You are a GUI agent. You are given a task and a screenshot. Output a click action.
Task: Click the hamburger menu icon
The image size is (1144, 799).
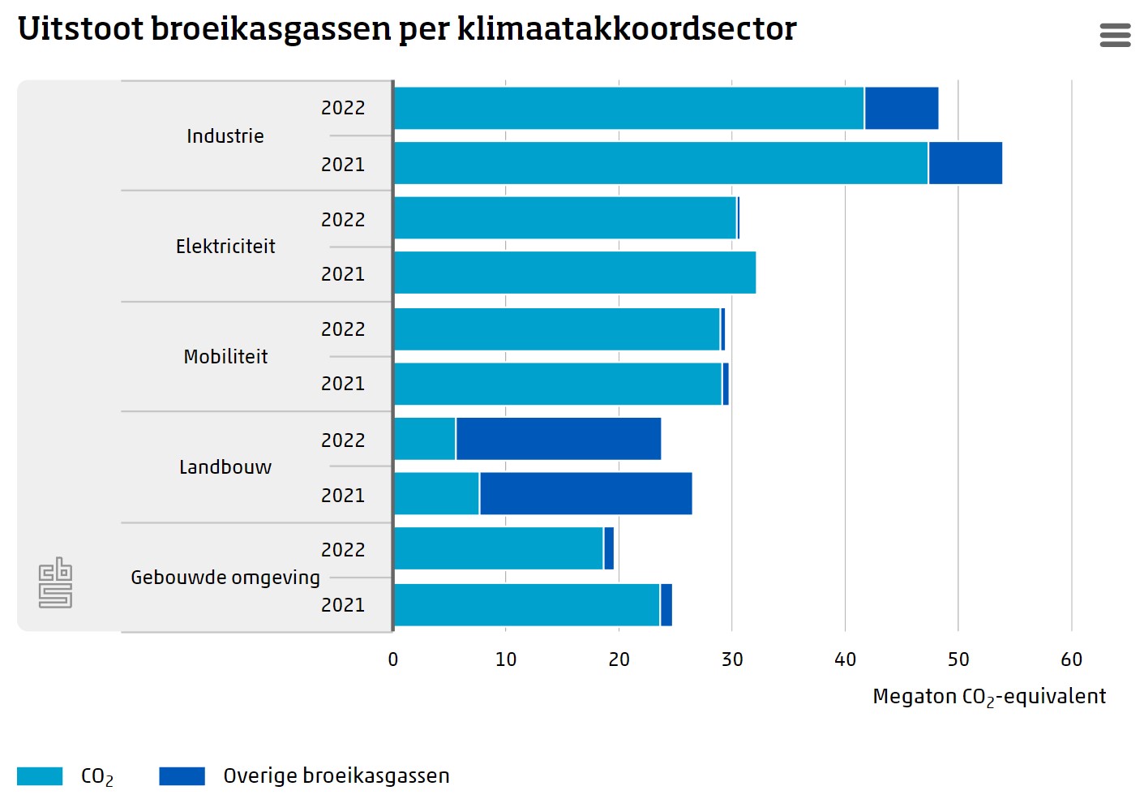click(x=1115, y=35)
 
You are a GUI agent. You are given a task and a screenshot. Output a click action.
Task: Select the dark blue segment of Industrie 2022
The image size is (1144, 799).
click(x=902, y=108)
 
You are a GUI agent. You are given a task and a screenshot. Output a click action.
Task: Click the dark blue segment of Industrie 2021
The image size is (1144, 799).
click(x=965, y=163)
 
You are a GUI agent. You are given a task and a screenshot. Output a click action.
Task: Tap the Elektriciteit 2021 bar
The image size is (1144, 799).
click(x=575, y=273)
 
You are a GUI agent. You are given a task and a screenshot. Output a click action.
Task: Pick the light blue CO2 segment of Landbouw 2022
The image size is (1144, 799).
click(x=425, y=439)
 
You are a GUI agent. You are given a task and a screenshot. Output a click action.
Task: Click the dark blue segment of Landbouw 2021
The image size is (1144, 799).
click(x=585, y=494)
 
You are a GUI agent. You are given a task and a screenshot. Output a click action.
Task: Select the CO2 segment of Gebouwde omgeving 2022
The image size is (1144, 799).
click(x=499, y=549)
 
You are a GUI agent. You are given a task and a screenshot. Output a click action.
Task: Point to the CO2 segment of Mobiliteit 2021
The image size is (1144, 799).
click(x=558, y=384)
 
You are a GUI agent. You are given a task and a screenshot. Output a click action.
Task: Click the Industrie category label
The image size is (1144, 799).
click(x=225, y=136)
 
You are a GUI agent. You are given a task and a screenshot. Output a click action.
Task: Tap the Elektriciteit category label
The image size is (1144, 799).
click(x=225, y=247)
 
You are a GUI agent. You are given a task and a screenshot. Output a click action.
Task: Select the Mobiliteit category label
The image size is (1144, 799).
click(x=225, y=357)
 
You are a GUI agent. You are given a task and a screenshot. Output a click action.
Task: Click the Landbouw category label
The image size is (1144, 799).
click(x=225, y=467)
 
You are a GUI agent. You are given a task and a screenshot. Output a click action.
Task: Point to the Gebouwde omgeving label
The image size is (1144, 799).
click(x=225, y=578)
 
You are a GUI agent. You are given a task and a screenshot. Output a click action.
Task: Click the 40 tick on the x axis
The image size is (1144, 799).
click(x=845, y=659)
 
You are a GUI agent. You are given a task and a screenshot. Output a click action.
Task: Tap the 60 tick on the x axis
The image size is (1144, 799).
click(x=1071, y=659)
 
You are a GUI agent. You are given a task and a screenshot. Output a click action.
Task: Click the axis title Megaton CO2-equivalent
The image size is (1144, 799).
click(x=989, y=697)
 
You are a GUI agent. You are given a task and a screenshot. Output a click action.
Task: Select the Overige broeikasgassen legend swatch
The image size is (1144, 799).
click(x=182, y=776)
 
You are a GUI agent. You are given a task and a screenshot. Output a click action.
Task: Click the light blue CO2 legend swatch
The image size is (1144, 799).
click(x=40, y=776)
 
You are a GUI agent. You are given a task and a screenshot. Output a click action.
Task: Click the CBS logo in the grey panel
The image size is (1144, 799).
click(x=55, y=582)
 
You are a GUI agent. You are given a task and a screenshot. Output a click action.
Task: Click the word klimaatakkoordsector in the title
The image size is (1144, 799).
click(x=627, y=29)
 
